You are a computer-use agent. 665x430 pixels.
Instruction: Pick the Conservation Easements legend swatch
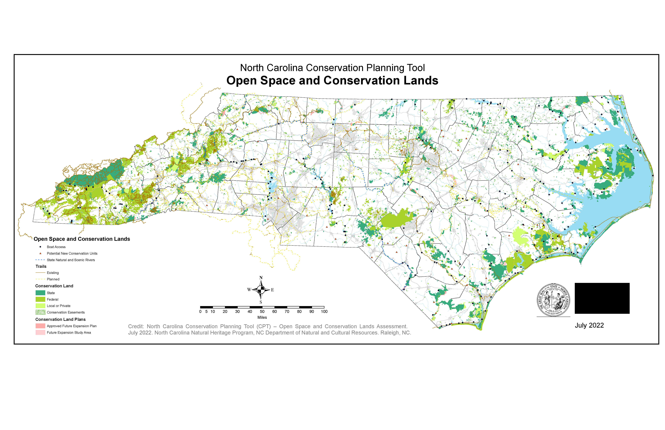point(40,312)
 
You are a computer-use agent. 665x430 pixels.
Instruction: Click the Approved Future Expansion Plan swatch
point(40,326)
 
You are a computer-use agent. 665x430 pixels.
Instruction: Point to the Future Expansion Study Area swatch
point(40,332)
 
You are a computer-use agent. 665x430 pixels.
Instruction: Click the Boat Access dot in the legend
point(40,247)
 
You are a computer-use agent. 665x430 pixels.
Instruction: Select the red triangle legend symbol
point(40,253)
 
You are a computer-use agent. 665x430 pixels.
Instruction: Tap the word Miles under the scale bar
point(262,317)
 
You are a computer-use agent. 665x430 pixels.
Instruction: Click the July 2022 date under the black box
point(589,325)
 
